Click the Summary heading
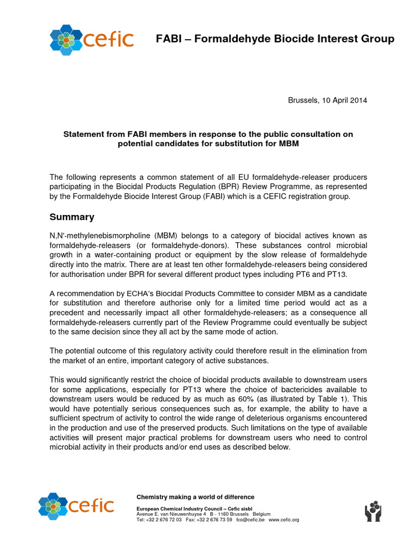(72, 217)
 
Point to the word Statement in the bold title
(86, 134)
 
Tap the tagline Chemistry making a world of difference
(195, 497)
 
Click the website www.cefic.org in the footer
(284, 520)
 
